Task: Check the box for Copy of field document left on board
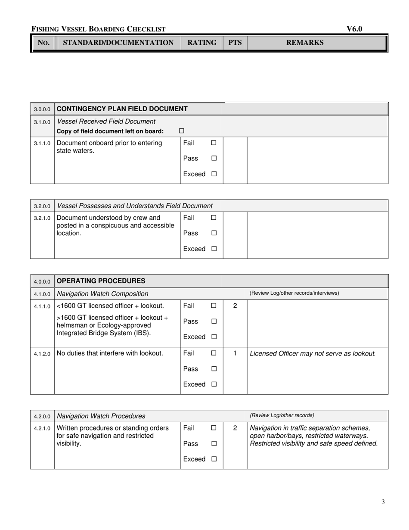[x=181, y=131]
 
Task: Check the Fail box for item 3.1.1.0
[x=214, y=143]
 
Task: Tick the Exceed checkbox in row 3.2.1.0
[x=214, y=249]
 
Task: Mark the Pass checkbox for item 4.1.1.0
[x=214, y=321]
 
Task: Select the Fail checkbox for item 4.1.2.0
[x=214, y=353]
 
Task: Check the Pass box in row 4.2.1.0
[x=214, y=443]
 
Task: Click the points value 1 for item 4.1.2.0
[x=235, y=353]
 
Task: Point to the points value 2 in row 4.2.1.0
[x=235, y=428]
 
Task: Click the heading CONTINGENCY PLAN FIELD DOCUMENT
[x=122, y=109]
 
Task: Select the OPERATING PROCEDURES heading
[x=101, y=281]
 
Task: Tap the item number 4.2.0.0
[x=42, y=417]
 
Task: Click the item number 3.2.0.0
[x=42, y=206]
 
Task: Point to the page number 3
[x=383, y=502]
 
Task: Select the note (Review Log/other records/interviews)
[x=294, y=293]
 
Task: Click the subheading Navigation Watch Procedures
[x=101, y=416]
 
